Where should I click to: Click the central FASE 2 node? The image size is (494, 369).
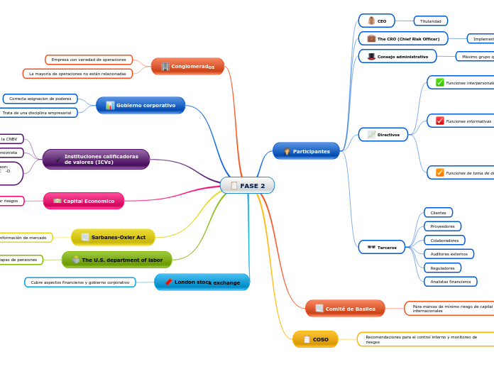click(x=247, y=185)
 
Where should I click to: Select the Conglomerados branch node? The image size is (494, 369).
click(x=187, y=66)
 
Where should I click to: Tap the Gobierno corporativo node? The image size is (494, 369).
click(x=141, y=105)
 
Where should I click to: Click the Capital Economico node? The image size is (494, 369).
click(x=84, y=201)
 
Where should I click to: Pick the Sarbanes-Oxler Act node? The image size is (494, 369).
click(x=113, y=237)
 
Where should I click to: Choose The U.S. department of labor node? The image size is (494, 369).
click(x=117, y=260)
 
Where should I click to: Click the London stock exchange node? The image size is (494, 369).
click(x=202, y=282)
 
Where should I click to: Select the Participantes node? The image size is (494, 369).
click(x=306, y=151)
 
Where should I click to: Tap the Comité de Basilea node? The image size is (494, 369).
click(x=345, y=309)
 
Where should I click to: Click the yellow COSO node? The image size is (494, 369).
click(x=315, y=339)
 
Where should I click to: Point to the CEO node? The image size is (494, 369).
click(x=376, y=21)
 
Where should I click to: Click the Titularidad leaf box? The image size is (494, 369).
click(x=431, y=21)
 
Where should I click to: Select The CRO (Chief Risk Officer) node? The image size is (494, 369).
click(x=402, y=38)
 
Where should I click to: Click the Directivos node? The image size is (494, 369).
click(x=383, y=134)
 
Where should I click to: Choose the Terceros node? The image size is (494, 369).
click(x=382, y=247)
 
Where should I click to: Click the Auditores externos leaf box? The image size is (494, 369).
click(x=449, y=254)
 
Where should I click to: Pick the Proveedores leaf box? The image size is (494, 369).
click(x=442, y=226)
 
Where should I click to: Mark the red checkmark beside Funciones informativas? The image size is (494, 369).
click(x=440, y=121)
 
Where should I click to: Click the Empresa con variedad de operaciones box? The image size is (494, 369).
click(x=89, y=60)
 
